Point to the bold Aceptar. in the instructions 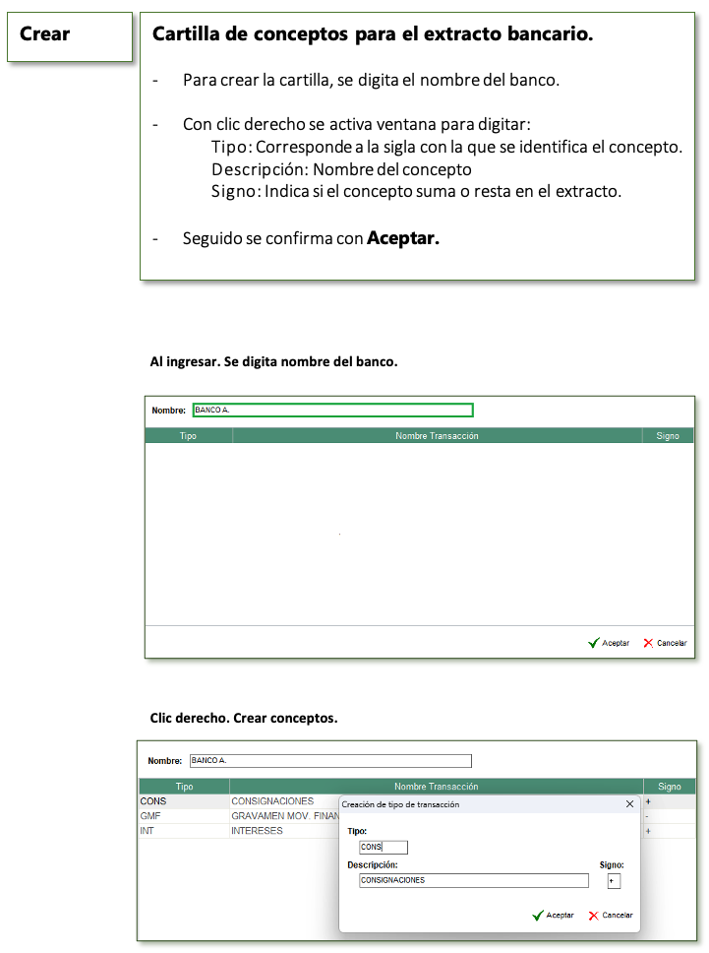[403, 238]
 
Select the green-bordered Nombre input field [332, 411]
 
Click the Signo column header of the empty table [668, 436]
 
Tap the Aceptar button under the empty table [609, 643]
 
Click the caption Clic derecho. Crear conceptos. [244, 718]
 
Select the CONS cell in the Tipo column [154, 801]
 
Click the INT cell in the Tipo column [148, 831]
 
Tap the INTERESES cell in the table [257, 831]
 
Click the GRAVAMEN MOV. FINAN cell [284, 816]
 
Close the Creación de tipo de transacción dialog [630, 804]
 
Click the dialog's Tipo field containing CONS [384, 848]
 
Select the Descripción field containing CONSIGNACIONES [473, 880]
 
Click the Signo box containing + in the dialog [614, 880]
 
